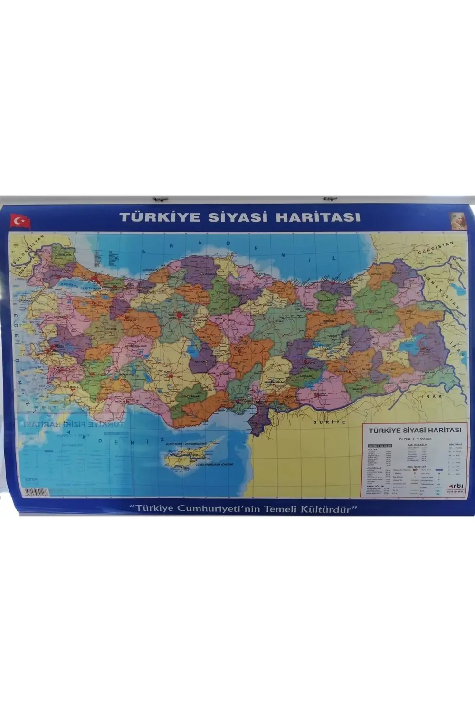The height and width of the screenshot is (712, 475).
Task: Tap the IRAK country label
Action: [x=434, y=396]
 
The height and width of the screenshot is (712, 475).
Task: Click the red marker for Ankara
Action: [x=180, y=315]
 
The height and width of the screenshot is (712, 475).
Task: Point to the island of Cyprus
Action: [x=190, y=456]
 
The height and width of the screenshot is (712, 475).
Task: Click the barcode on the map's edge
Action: [x=37, y=492]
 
